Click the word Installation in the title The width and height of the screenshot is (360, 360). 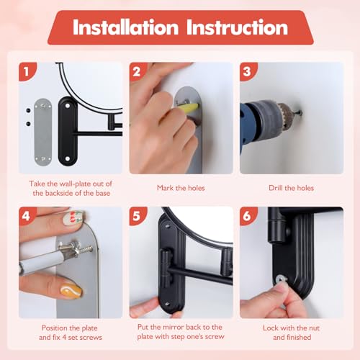pyautogui.click(x=123, y=28)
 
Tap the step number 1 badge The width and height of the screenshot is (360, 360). pyautogui.click(x=27, y=72)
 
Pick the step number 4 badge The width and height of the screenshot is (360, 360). pyautogui.click(x=27, y=217)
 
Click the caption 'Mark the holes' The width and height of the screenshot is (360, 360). pyautogui.click(x=181, y=188)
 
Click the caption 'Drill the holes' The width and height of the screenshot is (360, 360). pyautogui.click(x=292, y=188)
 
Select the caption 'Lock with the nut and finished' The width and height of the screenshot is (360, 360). pyautogui.click(x=292, y=331)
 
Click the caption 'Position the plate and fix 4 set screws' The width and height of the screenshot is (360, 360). pyautogui.click(x=70, y=331)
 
